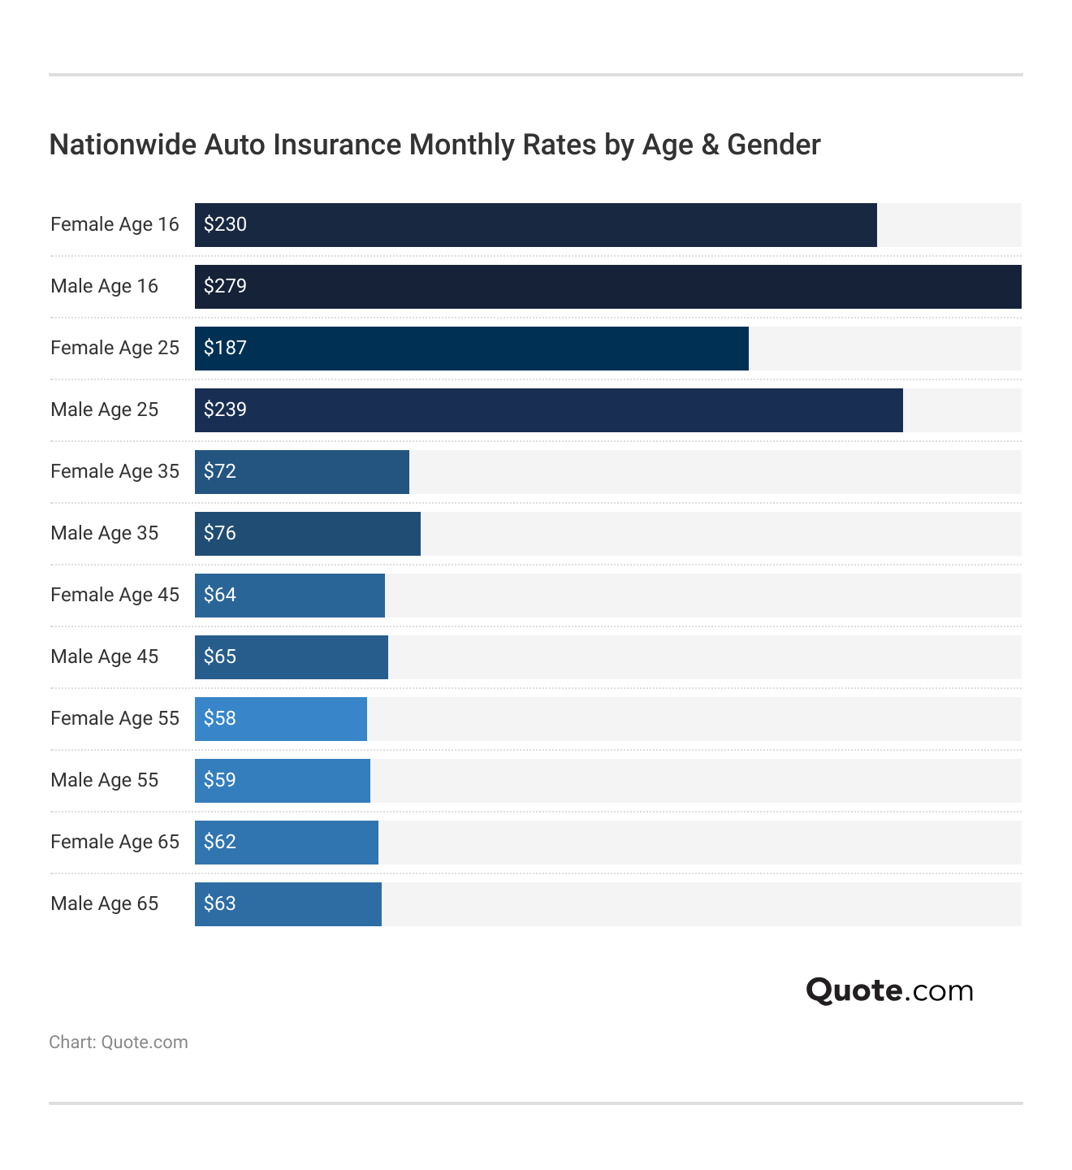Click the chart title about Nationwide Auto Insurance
click(x=434, y=145)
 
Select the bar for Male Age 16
click(x=607, y=287)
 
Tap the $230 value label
click(x=225, y=224)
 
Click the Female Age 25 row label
click(x=115, y=348)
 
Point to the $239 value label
click(x=225, y=409)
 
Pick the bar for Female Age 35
click(x=302, y=472)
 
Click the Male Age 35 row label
click(x=104, y=533)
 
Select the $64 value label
click(x=220, y=595)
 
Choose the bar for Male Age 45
click(x=292, y=657)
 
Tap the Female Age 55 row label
click(x=115, y=718)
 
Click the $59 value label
click(x=220, y=780)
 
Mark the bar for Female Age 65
click(x=287, y=843)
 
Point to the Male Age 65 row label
click(x=104, y=903)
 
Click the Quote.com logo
click(x=889, y=990)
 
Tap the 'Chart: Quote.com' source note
click(x=119, y=1042)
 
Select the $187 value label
click(x=225, y=348)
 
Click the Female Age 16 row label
click(x=115, y=224)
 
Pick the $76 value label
click(x=220, y=533)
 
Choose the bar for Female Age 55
click(x=281, y=719)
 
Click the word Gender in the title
click(x=773, y=145)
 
